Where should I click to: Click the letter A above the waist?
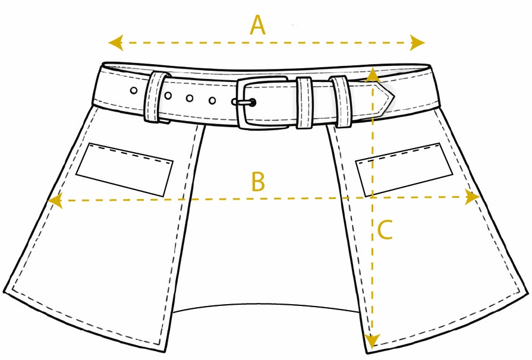[x=257, y=25]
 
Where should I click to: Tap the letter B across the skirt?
[x=258, y=181]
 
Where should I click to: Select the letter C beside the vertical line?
[x=385, y=230]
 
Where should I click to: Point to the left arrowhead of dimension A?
[x=115, y=43]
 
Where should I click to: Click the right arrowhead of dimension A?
[x=417, y=43]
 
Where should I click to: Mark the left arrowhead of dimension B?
[x=55, y=201]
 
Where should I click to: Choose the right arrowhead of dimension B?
[x=473, y=197]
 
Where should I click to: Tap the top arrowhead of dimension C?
[x=373, y=75]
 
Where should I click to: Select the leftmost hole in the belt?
[x=134, y=90]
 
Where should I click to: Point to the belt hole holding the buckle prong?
[x=252, y=102]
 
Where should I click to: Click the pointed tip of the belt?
[x=394, y=96]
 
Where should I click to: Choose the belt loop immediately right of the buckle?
[x=304, y=103]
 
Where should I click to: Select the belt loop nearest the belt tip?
[x=341, y=102]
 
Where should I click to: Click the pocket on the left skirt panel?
[x=124, y=169]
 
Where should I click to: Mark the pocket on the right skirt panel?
[x=404, y=169]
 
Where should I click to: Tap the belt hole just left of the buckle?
[x=212, y=100]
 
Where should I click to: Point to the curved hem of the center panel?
[x=266, y=305]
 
